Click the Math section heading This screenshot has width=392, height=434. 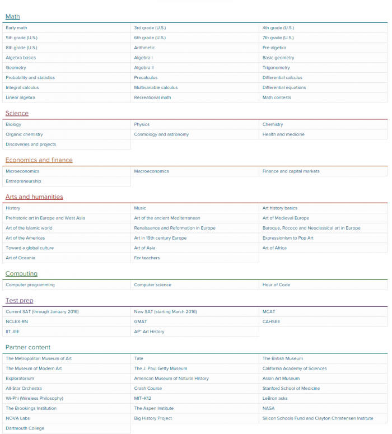[x=12, y=17]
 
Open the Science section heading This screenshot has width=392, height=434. [x=17, y=113]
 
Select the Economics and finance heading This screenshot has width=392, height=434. [x=39, y=160]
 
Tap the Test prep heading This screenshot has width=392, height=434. [x=19, y=301]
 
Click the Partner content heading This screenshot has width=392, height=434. [x=28, y=347]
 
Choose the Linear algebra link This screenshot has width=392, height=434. [x=20, y=97]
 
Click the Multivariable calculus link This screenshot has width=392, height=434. [x=156, y=87]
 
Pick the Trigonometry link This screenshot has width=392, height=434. [x=276, y=68]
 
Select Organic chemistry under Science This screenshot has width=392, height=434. [x=24, y=134]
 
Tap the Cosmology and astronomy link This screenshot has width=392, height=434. [x=161, y=134]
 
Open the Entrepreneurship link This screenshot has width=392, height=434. [x=24, y=181]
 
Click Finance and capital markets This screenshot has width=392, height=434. [x=291, y=171]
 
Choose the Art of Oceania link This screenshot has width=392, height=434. [x=20, y=258]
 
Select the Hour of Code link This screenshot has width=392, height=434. [x=276, y=285]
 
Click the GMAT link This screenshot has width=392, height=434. [x=140, y=322]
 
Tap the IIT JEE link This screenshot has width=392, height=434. [x=13, y=332]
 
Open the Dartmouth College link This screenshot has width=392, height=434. [x=25, y=428]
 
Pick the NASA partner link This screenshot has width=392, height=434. [x=268, y=408]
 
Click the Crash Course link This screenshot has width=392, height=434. [x=148, y=389]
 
